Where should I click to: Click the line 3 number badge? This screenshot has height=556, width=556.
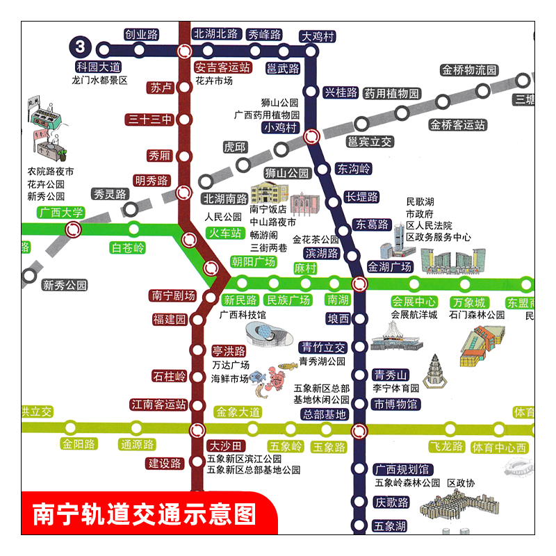coord(81,47)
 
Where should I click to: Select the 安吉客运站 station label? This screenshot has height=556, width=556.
coord(222,67)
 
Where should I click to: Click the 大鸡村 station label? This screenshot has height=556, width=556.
coord(318,36)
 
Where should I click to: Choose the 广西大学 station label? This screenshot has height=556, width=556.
coord(61,213)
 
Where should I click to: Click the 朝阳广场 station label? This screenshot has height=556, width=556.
coord(254,262)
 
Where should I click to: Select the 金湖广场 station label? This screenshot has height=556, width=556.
coord(390,266)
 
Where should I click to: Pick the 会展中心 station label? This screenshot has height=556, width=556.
coord(414,302)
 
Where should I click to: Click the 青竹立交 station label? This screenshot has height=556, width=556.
coord(322,347)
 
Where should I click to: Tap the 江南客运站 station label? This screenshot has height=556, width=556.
coord(159,404)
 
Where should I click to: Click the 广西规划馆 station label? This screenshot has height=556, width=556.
coord(402,469)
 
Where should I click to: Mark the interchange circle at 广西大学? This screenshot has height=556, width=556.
coord(73,229)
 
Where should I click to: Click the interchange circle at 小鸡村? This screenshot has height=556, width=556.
coord(312,138)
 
